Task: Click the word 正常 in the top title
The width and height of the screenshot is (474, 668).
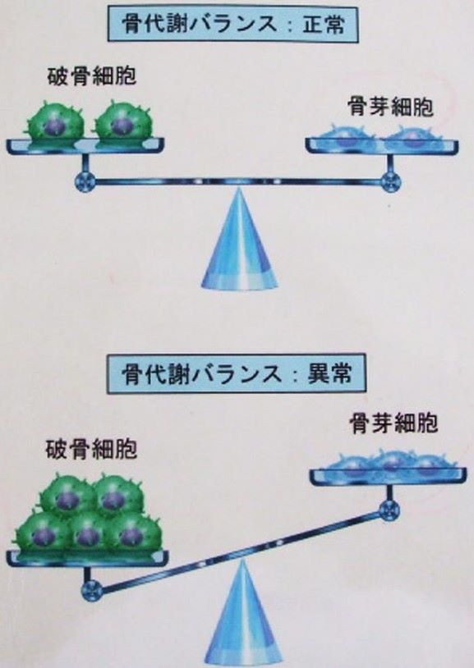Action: [x=324, y=25]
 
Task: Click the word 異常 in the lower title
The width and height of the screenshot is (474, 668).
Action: [x=329, y=374]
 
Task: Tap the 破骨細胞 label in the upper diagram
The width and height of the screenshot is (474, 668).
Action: [x=92, y=76]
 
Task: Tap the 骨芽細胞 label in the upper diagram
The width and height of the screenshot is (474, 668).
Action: [x=390, y=107]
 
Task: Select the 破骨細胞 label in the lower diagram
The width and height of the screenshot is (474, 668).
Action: [x=91, y=450]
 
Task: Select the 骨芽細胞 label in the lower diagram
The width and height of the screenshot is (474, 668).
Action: [x=393, y=423]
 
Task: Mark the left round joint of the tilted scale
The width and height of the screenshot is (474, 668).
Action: [x=91, y=590]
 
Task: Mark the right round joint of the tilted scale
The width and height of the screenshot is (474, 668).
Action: [x=389, y=510]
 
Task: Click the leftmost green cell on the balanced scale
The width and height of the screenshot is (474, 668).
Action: [x=56, y=122]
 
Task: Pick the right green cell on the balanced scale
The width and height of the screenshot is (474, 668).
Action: [x=123, y=122]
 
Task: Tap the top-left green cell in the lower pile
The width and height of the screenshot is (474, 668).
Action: [x=68, y=495]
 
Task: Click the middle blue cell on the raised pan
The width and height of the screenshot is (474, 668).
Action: [x=389, y=460]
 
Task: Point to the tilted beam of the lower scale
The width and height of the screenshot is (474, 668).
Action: [x=240, y=550]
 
